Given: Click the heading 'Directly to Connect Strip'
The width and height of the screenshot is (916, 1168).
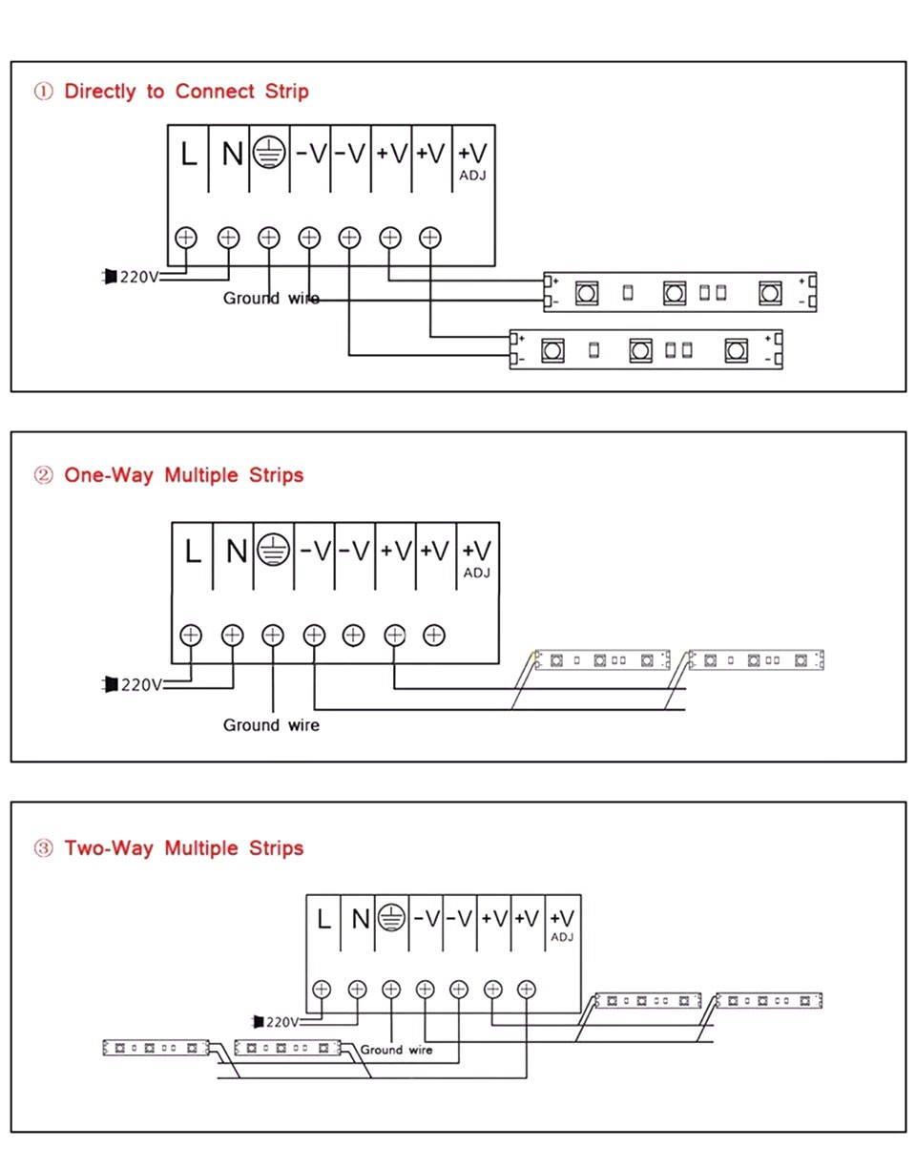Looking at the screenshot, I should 185,92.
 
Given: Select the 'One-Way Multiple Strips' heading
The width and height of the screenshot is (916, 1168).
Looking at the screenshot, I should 183,474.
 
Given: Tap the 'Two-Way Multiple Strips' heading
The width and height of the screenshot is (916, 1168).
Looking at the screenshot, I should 183,847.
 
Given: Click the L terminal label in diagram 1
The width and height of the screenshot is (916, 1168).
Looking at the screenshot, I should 189,154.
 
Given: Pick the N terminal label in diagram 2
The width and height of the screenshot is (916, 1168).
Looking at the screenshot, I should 236,552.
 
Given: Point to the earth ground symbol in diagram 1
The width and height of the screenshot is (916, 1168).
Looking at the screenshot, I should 269,153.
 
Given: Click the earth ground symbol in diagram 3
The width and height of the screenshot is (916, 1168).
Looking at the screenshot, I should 389,918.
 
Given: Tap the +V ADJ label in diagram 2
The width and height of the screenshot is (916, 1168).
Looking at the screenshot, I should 476,557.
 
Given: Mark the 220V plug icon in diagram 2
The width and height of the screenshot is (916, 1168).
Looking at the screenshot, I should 111,684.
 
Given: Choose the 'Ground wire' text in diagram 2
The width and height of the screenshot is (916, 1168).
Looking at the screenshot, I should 271,725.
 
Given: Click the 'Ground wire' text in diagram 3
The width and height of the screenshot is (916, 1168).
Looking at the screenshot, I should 396,1050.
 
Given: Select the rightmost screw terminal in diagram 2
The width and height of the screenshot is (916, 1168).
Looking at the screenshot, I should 434,635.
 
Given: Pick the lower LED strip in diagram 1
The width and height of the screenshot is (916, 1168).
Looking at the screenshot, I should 646,350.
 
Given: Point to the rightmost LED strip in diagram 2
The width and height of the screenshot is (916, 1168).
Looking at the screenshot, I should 755,659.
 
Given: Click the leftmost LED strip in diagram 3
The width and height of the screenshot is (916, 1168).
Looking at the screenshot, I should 156,1048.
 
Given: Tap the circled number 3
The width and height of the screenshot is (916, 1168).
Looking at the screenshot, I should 43,848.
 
